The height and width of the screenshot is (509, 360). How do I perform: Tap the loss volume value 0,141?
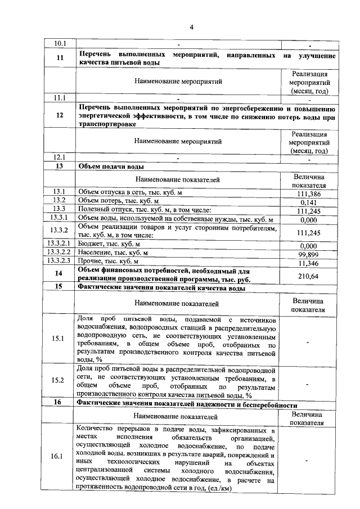(308, 202)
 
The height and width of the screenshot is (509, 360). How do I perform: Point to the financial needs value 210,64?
(308, 276)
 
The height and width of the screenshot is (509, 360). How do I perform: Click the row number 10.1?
(60, 43)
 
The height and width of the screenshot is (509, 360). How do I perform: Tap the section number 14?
(60, 274)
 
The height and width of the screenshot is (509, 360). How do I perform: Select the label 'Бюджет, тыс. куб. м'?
(109, 245)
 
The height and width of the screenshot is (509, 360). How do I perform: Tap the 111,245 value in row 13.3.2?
(308, 232)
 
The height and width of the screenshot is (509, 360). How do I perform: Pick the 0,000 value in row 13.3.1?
(308, 219)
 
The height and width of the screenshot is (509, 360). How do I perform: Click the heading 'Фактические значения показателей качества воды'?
(161, 289)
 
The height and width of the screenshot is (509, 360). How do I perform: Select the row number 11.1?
(60, 97)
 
